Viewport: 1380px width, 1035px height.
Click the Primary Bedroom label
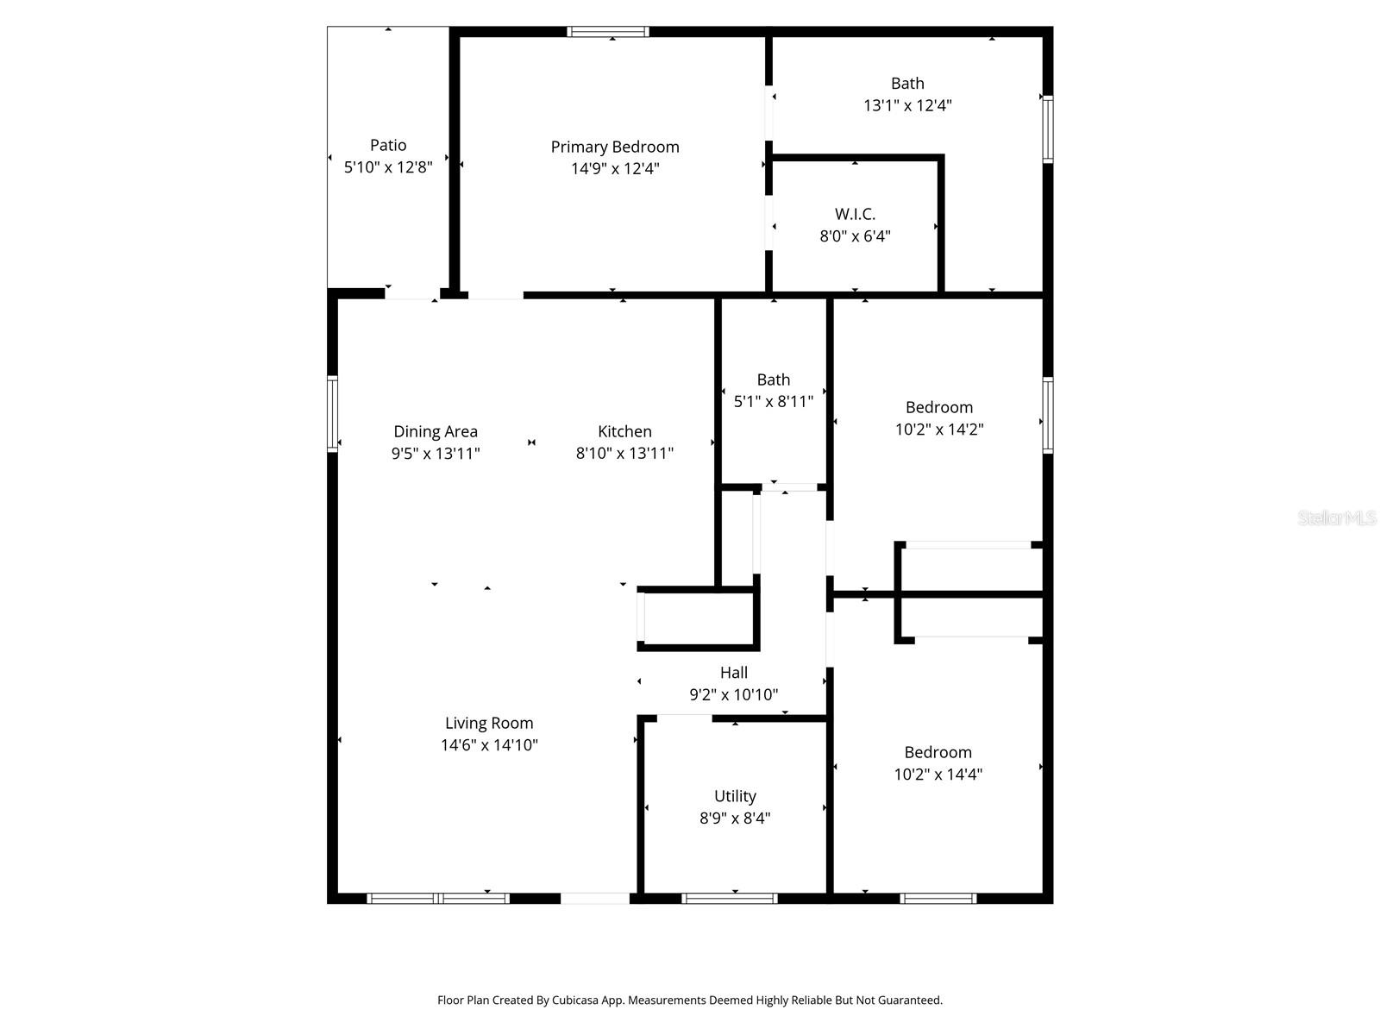pyautogui.click(x=615, y=147)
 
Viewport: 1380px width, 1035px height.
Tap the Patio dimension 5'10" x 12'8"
pyautogui.click(x=388, y=167)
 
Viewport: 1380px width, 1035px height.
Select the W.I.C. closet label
pyautogui.click(x=855, y=214)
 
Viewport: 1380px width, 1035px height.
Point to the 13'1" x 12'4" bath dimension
pyautogui.click(x=907, y=105)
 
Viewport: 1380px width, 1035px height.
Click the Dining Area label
pyautogui.click(x=436, y=431)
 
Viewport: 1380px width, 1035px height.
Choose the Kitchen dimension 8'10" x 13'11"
pyautogui.click(x=624, y=453)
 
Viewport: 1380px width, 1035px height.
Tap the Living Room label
pyautogui.click(x=489, y=723)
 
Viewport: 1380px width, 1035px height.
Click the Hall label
pyautogui.click(x=734, y=672)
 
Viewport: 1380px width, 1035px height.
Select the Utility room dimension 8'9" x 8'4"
pyautogui.click(x=735, y=818)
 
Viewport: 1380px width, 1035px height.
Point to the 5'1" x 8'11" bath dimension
pyautogui.click(x=774, y=401)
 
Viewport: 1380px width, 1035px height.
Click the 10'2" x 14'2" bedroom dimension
pyautogui.click(x=939, y=429)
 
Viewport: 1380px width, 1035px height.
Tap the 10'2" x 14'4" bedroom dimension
pyautogui.click(x=938, y=774)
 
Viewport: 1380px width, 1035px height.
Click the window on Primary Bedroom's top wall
pyautogui.click(x=608, y=32)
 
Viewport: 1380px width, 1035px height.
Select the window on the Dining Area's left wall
pyautogui.click(x=332, y=413)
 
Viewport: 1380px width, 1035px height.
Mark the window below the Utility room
pyautogui.click(x=730, y=898)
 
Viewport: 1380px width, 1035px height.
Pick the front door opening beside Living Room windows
pyautogui.click(x=595, y=898)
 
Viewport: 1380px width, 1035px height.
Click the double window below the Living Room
pyautogui.click(x=438, y=898)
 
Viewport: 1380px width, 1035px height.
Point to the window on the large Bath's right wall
pyautogui.click(x=1048, y=129)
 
